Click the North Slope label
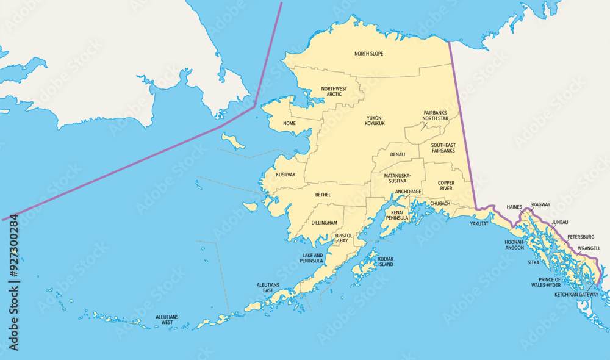coord(368,54)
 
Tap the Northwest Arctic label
coord(334,92)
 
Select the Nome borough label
coord(289,123)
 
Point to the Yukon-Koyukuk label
coord(375,120)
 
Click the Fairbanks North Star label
coord(440,115)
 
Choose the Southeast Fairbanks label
coord(443,148)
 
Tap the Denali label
coord(397,154)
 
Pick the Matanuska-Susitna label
coord(397,178)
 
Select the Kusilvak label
coord(285,175)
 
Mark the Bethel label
coord(323,195)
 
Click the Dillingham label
coord(324,223)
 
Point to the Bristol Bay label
coord(343,238)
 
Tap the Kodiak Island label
coord(386,262)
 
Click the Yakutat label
coord(479,224)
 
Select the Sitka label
coord(533,262)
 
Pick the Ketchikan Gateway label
coord(576,295)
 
